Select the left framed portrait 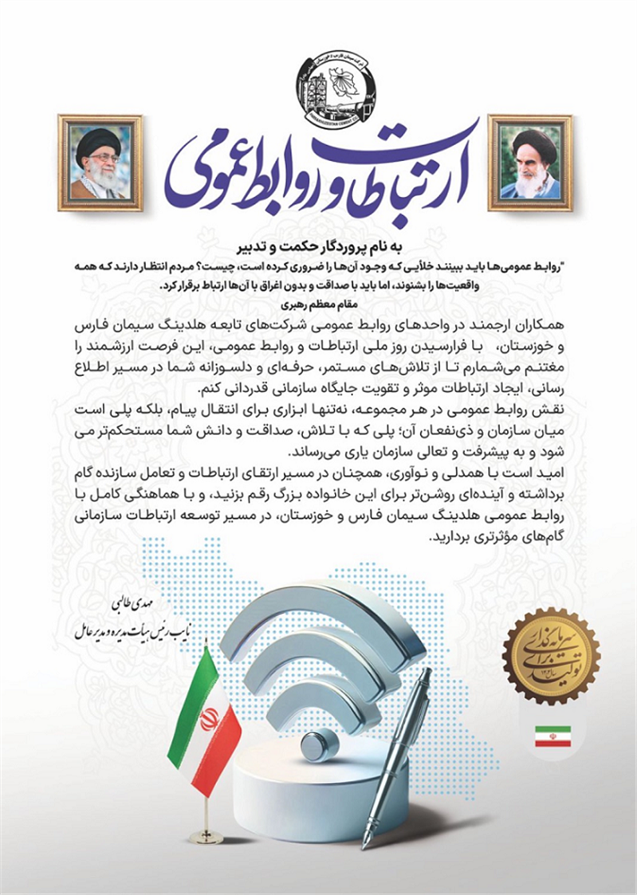(100, 163)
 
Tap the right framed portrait (529, 163)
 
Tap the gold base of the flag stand (207, 836)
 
